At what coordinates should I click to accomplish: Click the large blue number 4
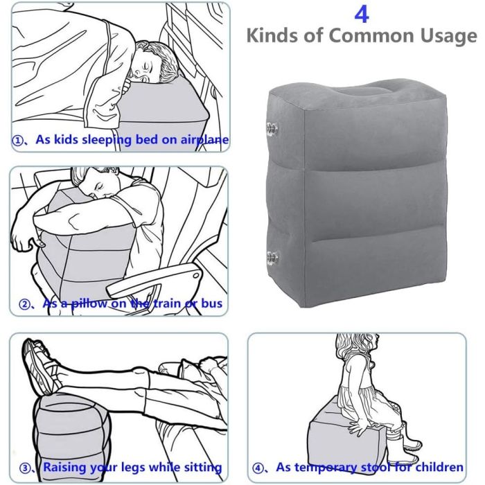pyautogui.click(x=362, y=15)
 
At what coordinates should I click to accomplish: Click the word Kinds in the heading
pyautogui.click(x=272, y=35)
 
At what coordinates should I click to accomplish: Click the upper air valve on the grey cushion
pyautogui.click(x=272, y=127)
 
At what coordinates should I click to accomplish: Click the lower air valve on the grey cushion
pyautogui.click(x=272, y=258)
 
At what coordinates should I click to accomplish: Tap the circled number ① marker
pyautogui.click(x=17, y=141)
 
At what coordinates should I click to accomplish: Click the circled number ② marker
pyautogui.click(x=24, y=304)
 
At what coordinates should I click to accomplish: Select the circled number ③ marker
pyautogui.click(x=25, y=468)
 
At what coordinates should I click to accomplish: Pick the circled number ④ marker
pyautogui.click(x=258, y=468)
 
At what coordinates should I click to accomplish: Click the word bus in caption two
pyautogui.click(x=212, y=303)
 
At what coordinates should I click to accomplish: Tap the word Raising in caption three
pyautogui.click(x=64, y=468)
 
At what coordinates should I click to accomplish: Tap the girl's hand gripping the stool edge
pyautogui.click(x=359, y=427)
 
